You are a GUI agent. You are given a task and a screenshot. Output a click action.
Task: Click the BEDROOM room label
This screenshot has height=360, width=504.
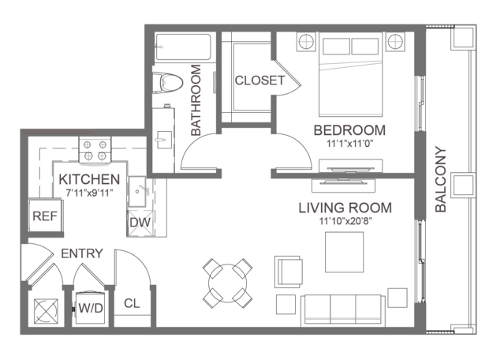pos(349,130)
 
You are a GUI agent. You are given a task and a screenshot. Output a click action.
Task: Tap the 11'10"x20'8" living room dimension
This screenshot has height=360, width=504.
pos(345,221)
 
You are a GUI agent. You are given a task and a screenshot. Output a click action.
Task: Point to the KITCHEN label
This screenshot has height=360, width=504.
pos(89,179)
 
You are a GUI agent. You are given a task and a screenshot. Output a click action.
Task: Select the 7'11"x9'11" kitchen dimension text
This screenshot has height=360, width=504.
pos(89,193)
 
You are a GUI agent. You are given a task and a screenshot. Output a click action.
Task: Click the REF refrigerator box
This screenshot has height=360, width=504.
pos(45,216)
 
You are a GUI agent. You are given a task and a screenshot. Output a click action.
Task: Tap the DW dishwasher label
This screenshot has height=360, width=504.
pos(140,223)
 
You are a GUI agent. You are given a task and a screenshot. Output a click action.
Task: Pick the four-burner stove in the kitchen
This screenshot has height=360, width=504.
pos(95,151)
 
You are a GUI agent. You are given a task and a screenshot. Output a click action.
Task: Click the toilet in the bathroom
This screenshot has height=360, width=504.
pos(167,82)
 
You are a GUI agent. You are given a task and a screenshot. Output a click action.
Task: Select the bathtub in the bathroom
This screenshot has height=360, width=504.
pos(183,47)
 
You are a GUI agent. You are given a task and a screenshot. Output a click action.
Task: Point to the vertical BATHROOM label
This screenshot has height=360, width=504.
pos(196,100)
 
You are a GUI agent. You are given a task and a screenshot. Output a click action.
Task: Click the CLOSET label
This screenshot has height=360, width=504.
pos(259,81)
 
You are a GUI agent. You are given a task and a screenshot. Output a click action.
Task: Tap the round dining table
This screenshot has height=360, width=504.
pos(228,283)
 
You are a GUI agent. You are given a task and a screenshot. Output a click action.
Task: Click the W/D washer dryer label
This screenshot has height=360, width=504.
pos(91,308)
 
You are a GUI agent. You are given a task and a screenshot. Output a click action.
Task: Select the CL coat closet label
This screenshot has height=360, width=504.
pos(132,303)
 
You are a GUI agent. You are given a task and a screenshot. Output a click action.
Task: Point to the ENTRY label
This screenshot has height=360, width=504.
pos(82,253)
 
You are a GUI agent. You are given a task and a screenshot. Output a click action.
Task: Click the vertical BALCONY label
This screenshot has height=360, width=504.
pos(441,179)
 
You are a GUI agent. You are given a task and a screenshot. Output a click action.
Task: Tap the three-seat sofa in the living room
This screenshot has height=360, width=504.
pos(343,309)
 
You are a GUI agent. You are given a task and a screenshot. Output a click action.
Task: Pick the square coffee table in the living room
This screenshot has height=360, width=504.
pos(345,252)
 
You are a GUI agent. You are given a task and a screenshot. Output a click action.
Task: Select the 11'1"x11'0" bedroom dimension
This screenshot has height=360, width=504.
pos(349,144)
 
